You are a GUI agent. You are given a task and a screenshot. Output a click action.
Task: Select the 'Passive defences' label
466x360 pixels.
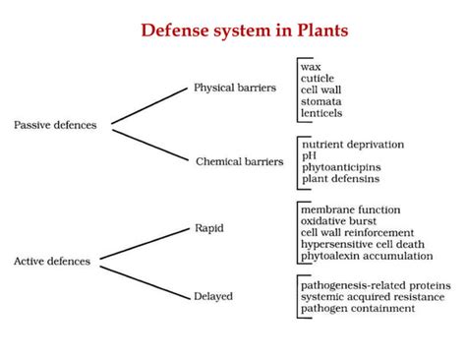click(x=56, y=124)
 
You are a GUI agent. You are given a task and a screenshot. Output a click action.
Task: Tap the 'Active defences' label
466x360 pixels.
click(x=52, y=261)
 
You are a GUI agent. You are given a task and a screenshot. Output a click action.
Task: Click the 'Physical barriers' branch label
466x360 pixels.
click(x=237, y=87)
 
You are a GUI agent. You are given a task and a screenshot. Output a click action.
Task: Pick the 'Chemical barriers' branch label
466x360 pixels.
click(x=240, y=161)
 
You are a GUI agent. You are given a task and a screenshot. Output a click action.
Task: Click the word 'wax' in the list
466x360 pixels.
click(x=312, y=66)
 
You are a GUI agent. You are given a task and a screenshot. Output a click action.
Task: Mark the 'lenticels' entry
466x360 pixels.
click(x=322, y=113)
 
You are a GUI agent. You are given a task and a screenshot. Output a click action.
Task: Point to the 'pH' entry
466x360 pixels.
click(x=310, y=155)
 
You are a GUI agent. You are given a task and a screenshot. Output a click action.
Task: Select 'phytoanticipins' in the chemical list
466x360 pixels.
click(x=340, y=167)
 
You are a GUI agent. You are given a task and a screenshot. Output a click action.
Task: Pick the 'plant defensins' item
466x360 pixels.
click(x=340, y=179)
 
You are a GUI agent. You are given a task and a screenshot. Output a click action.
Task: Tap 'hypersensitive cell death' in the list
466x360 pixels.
click(x=365, y=244)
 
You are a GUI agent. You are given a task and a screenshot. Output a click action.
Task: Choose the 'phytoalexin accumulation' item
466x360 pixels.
click(x=367, y=256)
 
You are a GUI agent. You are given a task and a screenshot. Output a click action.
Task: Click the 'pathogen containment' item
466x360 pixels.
click(x=358, y=308)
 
